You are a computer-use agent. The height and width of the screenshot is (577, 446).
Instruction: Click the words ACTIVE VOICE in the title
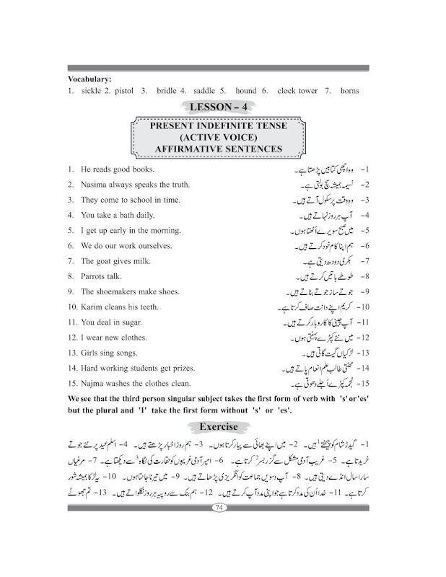click(x=217, y=137)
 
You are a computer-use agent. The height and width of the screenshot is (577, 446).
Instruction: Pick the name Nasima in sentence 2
click(x=95, y=185)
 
